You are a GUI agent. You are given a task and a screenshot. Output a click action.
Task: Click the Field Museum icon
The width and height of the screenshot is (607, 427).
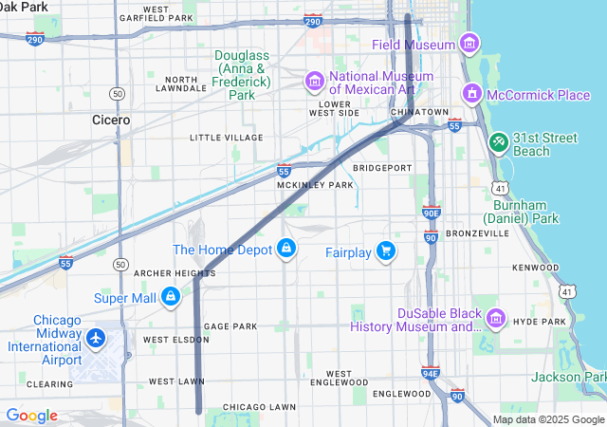[467, 43]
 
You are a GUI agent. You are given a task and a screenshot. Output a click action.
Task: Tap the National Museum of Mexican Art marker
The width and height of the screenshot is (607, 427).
[315, 83]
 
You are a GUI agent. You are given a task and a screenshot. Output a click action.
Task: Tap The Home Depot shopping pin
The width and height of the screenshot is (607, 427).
[285, 250]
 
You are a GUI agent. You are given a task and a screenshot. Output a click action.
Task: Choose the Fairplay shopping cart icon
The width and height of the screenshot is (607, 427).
[385, 251]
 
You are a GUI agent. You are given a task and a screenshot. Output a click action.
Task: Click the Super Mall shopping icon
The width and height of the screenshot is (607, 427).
[171, 297]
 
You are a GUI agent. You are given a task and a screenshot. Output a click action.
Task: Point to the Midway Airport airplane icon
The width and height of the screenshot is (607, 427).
[96, 339]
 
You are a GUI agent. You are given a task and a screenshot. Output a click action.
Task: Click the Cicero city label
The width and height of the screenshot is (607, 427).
[111, 121]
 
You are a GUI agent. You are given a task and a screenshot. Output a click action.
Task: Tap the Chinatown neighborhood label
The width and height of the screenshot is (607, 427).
[418, 112]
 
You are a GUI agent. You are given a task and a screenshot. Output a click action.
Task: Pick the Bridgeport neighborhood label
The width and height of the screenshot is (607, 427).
[382, 168]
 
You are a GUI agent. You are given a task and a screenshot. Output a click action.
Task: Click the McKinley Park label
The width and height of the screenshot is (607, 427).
[315, 185]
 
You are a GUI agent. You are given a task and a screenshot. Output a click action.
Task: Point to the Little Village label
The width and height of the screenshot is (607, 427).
[226, 138]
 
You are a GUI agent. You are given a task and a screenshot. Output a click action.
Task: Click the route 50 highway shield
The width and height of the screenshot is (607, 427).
[117, 93]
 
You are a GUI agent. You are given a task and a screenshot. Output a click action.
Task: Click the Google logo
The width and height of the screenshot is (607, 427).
[31, 416]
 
